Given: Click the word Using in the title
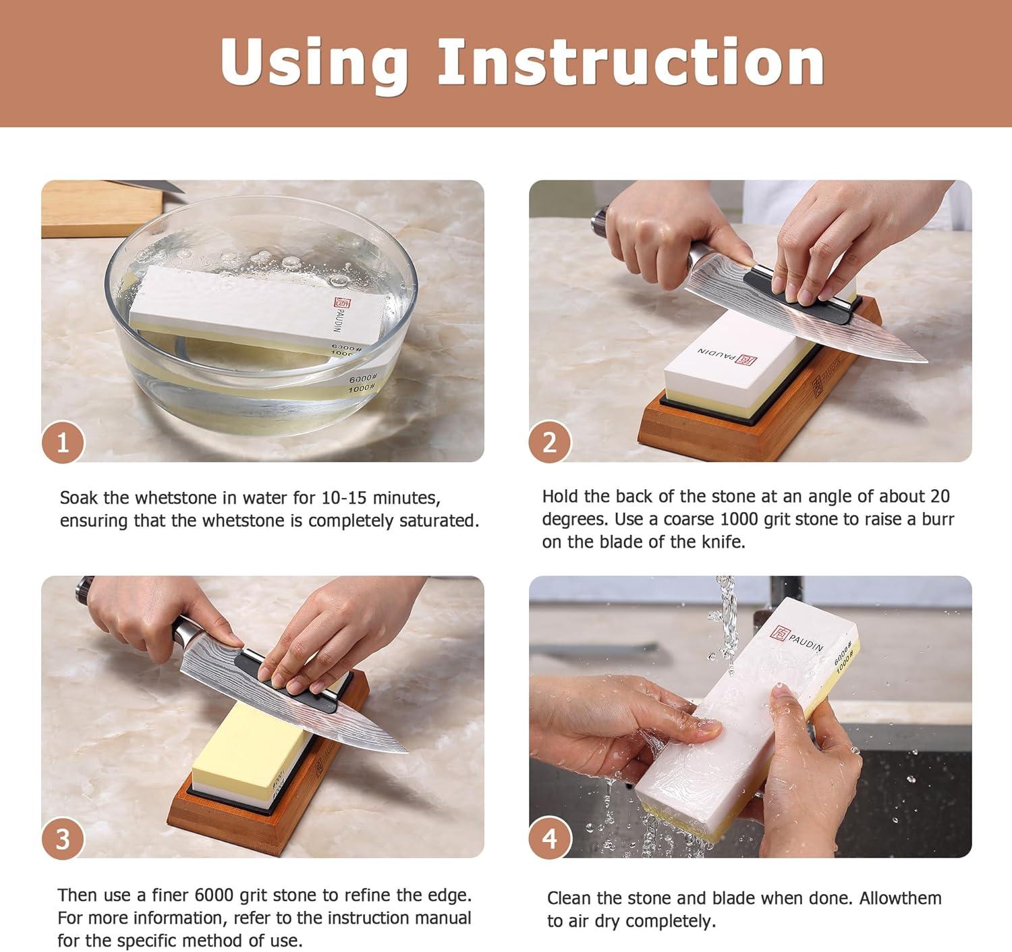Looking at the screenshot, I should coord(314,62).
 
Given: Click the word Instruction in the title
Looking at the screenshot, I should coord(631,62).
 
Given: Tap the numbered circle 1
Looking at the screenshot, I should coord(63,443).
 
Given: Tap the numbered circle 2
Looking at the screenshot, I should coord(550,443).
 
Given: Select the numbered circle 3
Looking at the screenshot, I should coord(63,839).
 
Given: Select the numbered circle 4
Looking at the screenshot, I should coord(550,839).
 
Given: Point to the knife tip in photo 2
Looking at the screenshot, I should coord(926,361).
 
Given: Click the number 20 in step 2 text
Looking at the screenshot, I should coord(940,497).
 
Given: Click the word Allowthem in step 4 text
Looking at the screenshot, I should coord(900,898).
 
